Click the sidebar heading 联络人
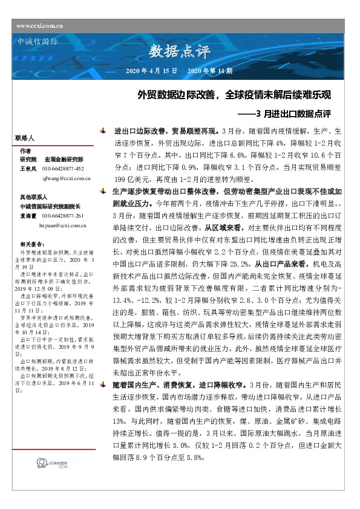click(x=27, y=138)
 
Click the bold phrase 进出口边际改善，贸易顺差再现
click(x=166, y=131)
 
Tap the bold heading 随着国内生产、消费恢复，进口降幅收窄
click(x=179, y=383)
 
